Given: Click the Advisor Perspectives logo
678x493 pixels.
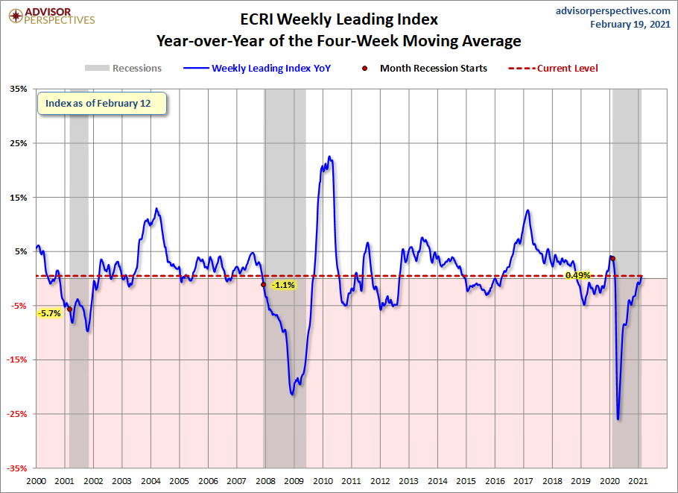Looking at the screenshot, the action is point(51,16).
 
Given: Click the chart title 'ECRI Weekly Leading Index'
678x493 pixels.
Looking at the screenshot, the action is point(339,19).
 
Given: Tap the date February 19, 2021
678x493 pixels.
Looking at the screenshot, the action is point(630,24).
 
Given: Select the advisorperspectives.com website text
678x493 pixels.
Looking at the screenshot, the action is point(612,11).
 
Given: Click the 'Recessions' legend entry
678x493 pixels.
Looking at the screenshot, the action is point(123,68).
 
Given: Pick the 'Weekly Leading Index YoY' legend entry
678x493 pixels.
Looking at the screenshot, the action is point(257,69).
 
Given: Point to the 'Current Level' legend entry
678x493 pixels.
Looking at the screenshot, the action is point(553,69).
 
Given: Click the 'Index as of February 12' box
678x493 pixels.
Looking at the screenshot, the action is point(102,104).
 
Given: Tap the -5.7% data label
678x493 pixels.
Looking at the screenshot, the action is point(50,313).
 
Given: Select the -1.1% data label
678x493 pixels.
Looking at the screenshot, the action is point(283,285).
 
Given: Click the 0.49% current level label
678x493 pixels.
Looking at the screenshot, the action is point(577,275).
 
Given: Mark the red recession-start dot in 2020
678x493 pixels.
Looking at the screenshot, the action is point(612,258).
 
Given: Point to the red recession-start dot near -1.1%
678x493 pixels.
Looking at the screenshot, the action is point(263,284).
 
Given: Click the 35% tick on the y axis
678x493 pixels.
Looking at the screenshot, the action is point(19,89).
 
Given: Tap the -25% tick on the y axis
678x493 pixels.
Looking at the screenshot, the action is point(17,414).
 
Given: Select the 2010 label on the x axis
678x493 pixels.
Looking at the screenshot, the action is point(323,481).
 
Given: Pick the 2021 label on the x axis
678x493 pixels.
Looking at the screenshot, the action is point(638,481).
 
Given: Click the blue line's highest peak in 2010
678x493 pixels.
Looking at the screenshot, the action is point(329,157).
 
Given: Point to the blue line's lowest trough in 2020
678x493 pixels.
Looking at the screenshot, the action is point(618,419).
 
